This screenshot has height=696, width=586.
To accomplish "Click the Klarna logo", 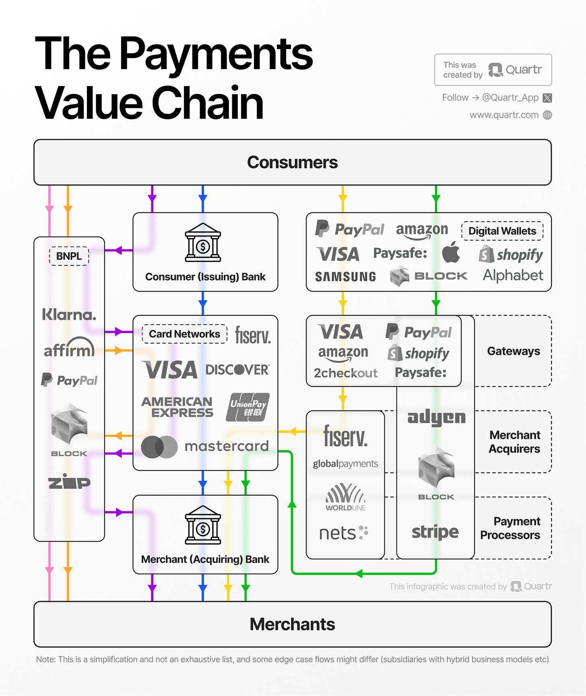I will coord(69,314).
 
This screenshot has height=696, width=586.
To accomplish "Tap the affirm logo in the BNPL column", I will coord(69,348).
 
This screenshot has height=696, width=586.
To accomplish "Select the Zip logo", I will coord(69,482).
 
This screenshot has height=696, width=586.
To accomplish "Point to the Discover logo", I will coord(237,369).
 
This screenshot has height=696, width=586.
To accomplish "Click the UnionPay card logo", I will coord(248,407).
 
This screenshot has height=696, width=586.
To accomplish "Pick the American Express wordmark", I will coord(177,407).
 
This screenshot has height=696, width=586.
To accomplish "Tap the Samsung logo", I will coord(345,276).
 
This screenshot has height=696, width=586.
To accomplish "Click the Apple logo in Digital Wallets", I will coord(451,252).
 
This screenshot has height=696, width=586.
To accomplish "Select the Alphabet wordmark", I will coord(513,275).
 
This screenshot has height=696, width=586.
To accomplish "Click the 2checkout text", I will coord(346,373).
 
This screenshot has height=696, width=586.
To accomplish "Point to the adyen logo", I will coord(436,418).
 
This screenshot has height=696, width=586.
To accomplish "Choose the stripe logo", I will coord(435,532).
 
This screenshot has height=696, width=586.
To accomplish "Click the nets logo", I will coord(343,533).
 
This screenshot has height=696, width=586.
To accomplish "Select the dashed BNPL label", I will coord(69,256).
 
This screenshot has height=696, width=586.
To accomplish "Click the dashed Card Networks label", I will coord(185,334).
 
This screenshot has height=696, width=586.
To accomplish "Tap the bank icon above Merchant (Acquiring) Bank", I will coord(203,525).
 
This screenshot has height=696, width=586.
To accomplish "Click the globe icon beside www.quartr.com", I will coord(547,115).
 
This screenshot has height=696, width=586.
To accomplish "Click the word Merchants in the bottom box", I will coord(292,624).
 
